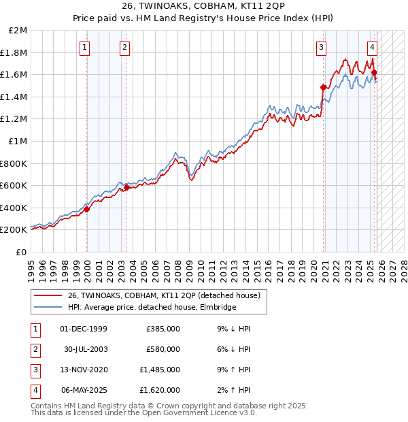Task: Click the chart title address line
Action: [203, 7]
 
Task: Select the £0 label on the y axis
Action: [22, 252]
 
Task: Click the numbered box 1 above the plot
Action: [84, 47]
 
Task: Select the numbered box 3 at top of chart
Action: [320, 47]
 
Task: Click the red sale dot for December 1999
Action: [87, 210]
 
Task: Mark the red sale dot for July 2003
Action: [127, 188]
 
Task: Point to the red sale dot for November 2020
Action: [323, 87]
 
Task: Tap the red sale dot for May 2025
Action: [374, 72]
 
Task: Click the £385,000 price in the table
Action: [163, 329]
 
